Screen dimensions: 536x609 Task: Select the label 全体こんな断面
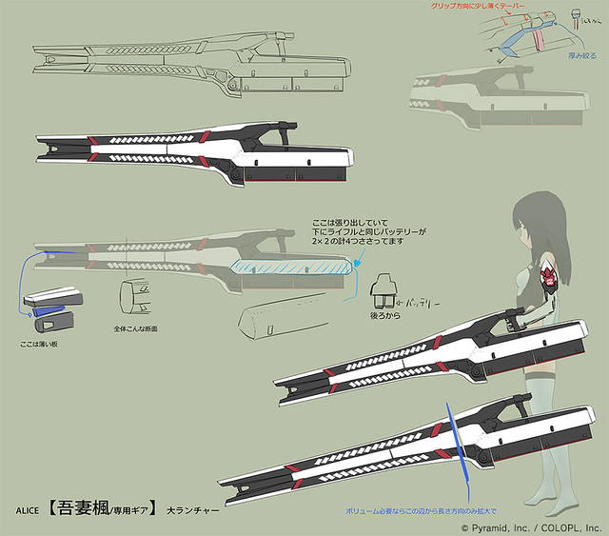click(x=136, y=328)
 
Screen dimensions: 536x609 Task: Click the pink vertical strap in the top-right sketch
click(x=537, y=41)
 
